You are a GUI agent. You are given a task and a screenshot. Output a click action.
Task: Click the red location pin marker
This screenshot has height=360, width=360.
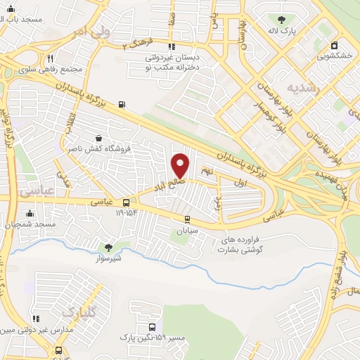coord(181,165)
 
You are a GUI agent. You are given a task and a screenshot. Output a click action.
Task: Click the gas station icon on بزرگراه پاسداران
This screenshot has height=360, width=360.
coord(122,105)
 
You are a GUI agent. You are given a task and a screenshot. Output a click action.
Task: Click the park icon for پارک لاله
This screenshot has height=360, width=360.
coord(282,20)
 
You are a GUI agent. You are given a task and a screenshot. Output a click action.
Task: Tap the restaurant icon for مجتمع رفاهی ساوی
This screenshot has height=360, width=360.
coord(50,59)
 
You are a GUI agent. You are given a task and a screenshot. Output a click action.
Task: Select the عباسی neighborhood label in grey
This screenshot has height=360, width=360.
coord(32,191)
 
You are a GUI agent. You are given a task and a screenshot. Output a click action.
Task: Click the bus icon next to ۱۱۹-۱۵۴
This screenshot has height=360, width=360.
coord(126,202)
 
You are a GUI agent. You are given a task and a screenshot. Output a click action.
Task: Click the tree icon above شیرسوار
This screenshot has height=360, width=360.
coord(108,247)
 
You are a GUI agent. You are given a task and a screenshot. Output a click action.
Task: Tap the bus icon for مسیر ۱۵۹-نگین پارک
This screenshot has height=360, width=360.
coord(153,328)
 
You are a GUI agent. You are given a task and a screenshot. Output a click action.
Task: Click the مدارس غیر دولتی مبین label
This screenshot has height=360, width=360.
coord(35,329)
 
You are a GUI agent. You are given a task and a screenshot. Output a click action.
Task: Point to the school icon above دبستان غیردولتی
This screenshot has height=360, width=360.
coord(169,46)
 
